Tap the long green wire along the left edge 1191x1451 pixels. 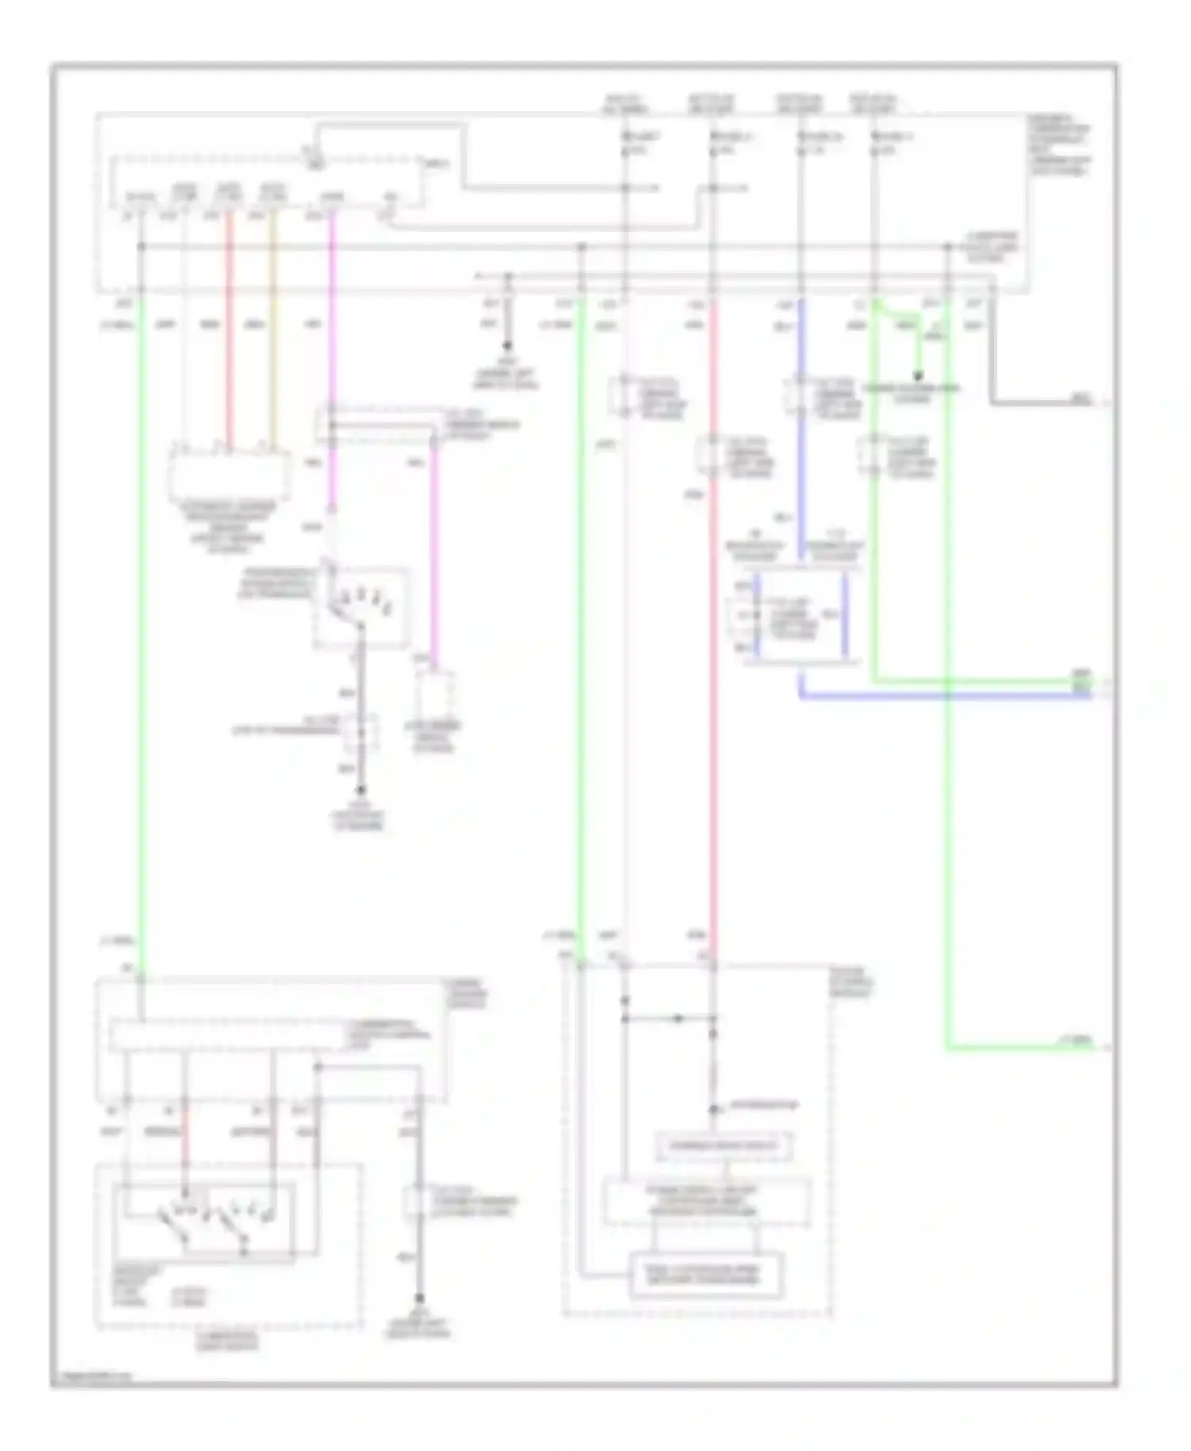coord(142,635)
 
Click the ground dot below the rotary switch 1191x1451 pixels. coord(360,790)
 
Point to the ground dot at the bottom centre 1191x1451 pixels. coord(419,1297)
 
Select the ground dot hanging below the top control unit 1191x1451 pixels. coord(507,347)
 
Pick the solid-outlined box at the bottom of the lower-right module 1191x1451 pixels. coord(705,1276)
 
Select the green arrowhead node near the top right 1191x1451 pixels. coord(919,376)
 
